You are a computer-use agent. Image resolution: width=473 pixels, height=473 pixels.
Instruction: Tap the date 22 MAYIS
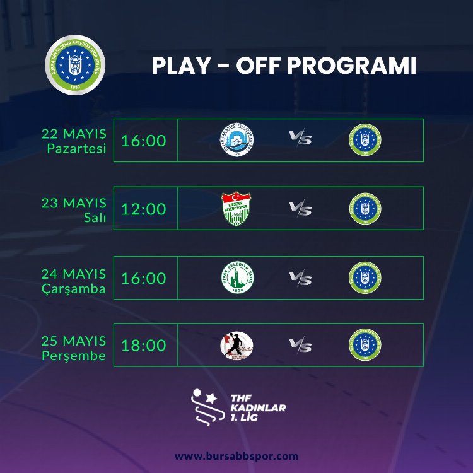pyautogui.click(x=74, y=134)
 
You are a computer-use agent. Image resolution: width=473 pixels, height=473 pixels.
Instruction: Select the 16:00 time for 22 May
pyautogui.click(x=144, y=140)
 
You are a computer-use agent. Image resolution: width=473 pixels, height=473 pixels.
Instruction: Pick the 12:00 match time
pyautogui.click(x=144, y=209)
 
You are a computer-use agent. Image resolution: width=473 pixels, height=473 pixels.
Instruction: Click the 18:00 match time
pyautogui.click(x=144, y=345)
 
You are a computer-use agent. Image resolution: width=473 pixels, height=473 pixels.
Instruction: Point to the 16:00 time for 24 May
pyautogui.click(x=144, y=277)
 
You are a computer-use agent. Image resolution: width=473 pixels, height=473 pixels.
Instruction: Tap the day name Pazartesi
pyautogui.click(x=76, y=149)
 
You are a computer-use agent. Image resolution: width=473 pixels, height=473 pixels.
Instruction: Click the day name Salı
pyautogui.click(x=96, y=218)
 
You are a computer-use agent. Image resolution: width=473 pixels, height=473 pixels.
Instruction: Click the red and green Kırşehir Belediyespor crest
pyautogui.click(x=237, y=209)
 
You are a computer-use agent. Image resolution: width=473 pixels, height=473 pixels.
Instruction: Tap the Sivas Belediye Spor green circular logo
pyautogui.click(x=237, y=277)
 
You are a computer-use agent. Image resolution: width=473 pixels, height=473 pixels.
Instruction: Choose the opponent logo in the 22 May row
pyautogui.click(x=237, y=140)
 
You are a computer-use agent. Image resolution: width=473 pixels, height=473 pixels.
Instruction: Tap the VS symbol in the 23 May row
pyautogui.click(x=300, y=209)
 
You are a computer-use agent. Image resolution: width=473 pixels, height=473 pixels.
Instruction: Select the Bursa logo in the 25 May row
pyautogui.click(x=365, y=345)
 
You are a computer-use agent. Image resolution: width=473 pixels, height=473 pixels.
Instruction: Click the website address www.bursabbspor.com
pyautogui.click(x=237, y=455)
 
